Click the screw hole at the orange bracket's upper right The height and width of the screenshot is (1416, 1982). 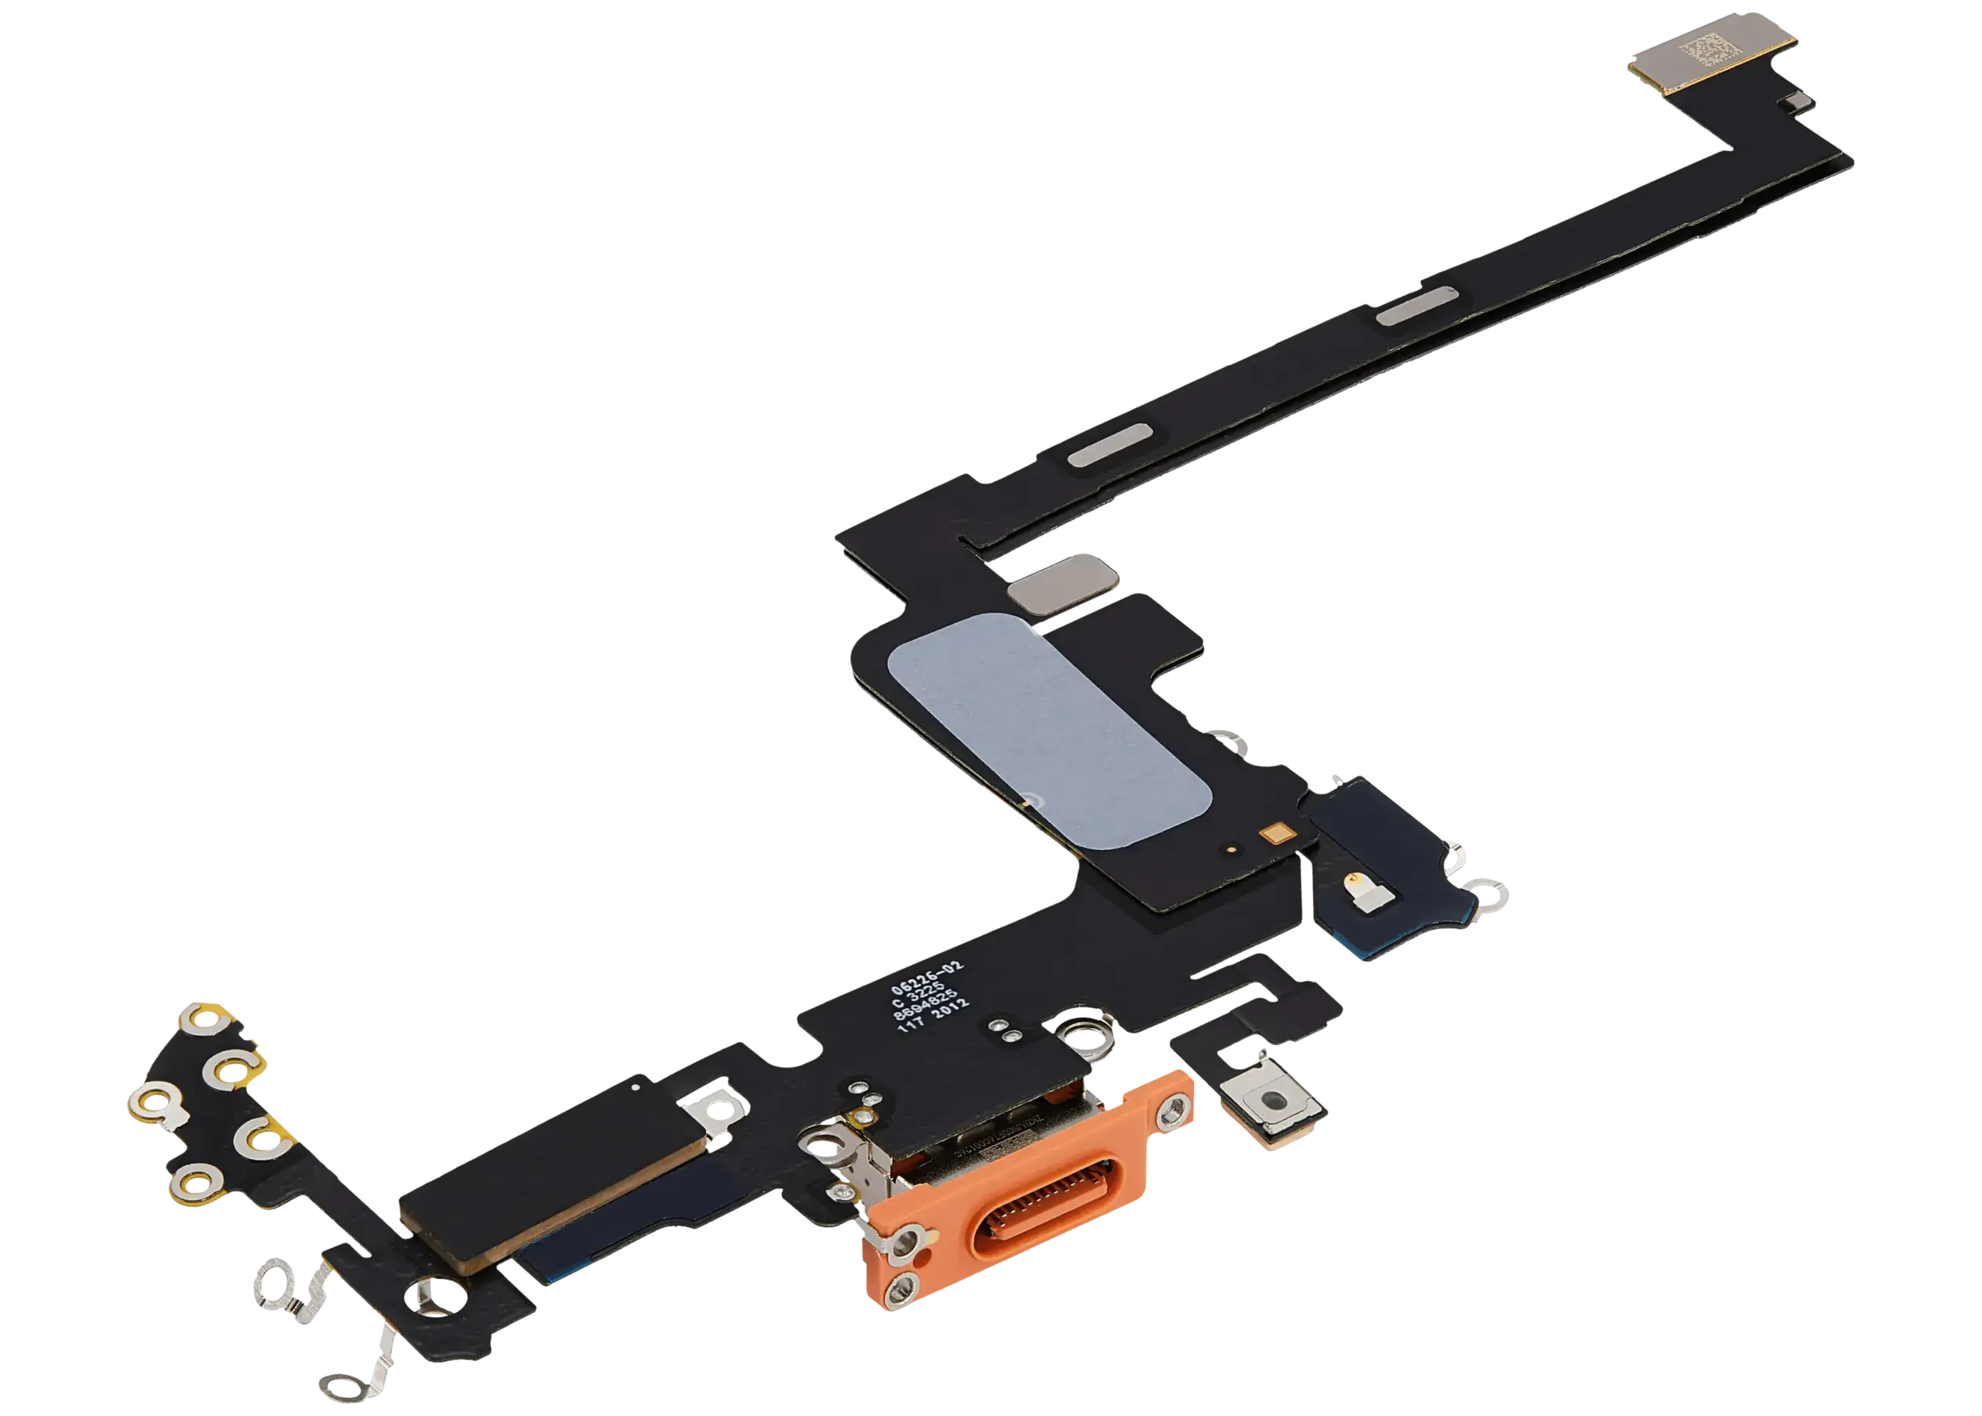click(1169, 1113)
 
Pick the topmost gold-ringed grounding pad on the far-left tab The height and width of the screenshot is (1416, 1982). click(204, 1015)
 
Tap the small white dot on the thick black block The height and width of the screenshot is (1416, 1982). click(634, 1087)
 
